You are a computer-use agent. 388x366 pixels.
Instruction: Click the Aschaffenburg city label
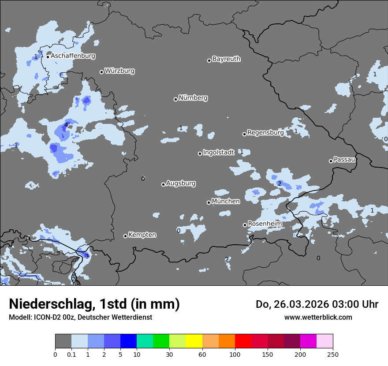coord(73,56)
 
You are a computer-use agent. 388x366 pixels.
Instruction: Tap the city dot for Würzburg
coord(101,72)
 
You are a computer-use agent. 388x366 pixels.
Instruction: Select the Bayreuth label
coord(226,59)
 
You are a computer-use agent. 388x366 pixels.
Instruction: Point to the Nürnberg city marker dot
coord(175,99)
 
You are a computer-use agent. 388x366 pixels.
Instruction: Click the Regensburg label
coord(265,133)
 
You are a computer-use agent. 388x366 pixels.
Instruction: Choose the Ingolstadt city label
coord(218,153)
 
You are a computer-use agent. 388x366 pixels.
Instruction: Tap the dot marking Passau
coord(331,161)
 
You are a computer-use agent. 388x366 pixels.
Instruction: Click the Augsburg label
coord(181,183)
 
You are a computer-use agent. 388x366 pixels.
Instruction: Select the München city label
coord(226,202)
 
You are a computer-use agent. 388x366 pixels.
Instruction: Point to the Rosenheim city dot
coord(245,225)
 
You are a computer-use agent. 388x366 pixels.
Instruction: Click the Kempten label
coord(142,235)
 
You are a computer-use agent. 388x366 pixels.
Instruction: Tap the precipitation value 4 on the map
coord(66,125)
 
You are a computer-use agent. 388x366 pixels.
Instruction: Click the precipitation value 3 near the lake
coord(87,256)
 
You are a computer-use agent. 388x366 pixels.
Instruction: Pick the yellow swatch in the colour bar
coord(194,341)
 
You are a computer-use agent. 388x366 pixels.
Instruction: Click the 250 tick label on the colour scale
coord(333,354)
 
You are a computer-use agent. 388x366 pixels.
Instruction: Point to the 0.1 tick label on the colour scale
coord(71,354)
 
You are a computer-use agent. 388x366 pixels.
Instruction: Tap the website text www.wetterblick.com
coord(318,317)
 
